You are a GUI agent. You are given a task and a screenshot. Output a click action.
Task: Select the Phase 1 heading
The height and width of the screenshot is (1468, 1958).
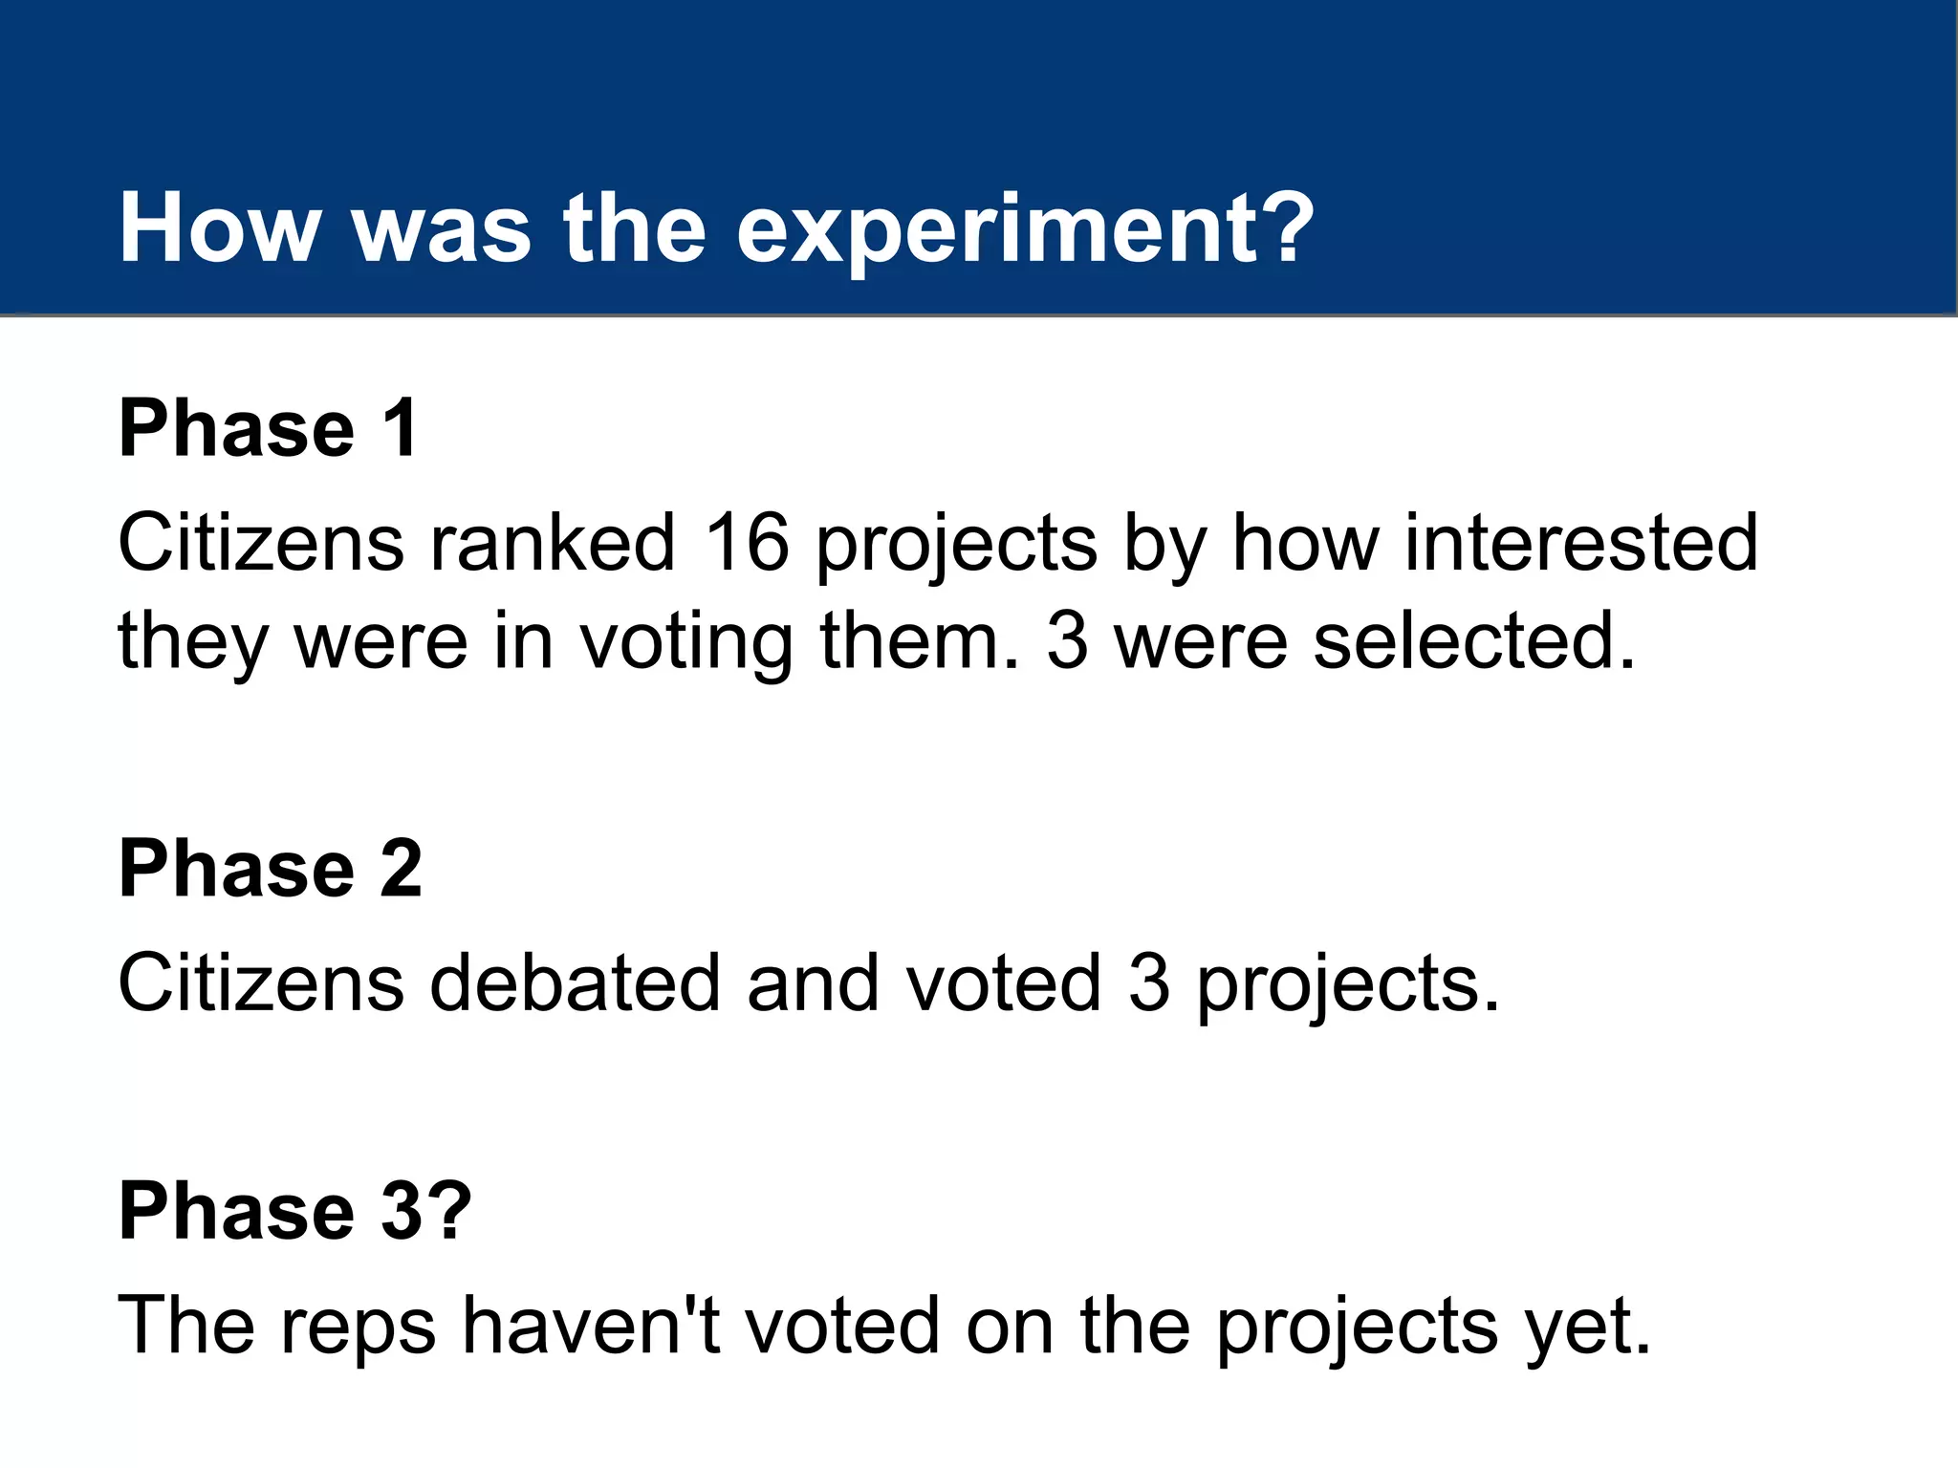pyautogui.click(x=268, y=428)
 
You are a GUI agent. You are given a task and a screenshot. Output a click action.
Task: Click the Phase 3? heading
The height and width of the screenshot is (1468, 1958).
pyautogui.click(x=294, y=1211)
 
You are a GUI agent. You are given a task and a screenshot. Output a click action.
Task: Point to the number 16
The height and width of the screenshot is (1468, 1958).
pyautogui.click(x=746, y=543)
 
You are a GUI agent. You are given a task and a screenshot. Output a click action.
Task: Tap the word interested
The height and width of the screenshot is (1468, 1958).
pyautogui.click(x=1580, y=543)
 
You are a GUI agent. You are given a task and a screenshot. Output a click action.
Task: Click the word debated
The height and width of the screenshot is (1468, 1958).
pyautogui.click(x=575, y=983)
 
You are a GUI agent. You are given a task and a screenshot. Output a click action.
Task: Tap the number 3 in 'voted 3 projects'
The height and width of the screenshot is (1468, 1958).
pyautogui.click(x=1148, y=983)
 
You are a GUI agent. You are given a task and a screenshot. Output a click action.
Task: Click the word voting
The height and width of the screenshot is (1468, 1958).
pyautogui.click(x=686, y=642)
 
